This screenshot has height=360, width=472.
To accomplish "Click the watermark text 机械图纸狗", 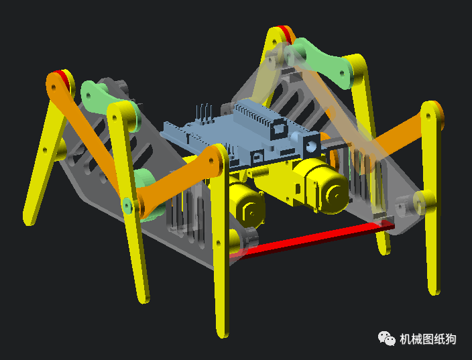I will pos(428,339).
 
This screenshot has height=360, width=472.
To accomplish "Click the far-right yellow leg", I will pos(433,201).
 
